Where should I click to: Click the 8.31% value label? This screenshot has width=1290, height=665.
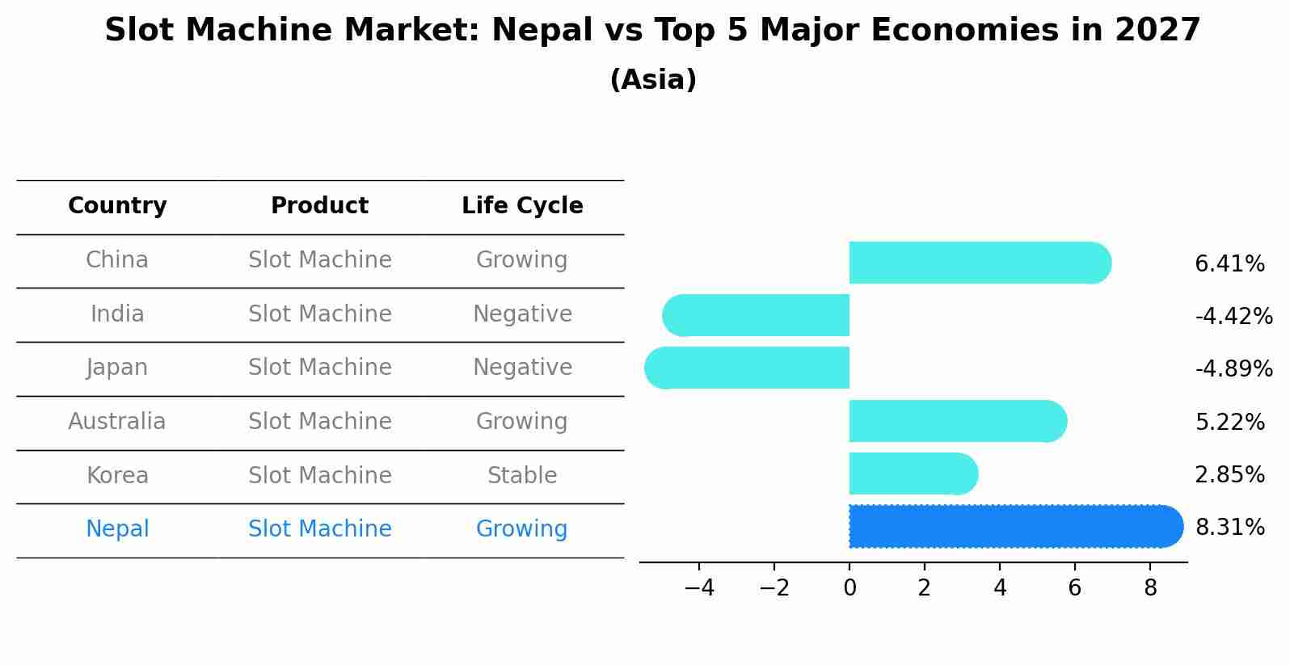[x=1229, y=528]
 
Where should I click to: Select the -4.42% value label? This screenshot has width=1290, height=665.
[x=1233, y=316]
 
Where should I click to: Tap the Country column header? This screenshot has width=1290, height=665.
[x=117, y=206]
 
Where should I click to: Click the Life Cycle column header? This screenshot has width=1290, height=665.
[x=522, y=206]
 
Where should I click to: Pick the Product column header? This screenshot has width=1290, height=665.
[x=319, y=206]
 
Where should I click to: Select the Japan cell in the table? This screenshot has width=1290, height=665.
[x=117, y=368]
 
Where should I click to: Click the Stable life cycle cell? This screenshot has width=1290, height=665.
[x=522, y=476]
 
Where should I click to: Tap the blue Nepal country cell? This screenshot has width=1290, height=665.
[x=117, y=529]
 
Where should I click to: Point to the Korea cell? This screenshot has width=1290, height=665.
[x=117, y=476]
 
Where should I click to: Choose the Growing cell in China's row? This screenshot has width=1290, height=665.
[x=522, y=260]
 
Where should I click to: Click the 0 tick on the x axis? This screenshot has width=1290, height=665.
[x=849, y=588]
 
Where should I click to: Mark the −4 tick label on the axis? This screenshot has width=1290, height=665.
[x=699, y=588]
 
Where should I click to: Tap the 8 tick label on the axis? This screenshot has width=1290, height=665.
[x=1150, y=588]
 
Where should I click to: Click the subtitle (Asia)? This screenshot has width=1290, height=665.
[x=653, y=80]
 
